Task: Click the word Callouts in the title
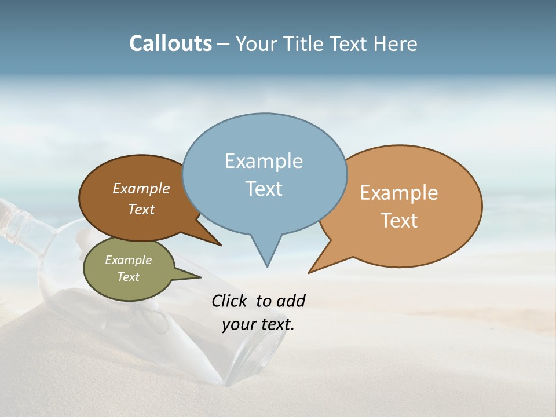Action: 170,43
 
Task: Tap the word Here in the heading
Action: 396,43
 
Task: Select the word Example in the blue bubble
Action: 264,161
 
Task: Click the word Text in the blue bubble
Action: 264,189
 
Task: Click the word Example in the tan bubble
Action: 399,193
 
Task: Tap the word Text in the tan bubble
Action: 399,220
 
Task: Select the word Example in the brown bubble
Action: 141,188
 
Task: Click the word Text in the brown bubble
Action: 141,209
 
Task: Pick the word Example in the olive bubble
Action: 128,260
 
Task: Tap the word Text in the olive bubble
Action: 128,277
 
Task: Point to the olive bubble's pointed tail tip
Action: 200,277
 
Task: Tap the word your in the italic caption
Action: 239,324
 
